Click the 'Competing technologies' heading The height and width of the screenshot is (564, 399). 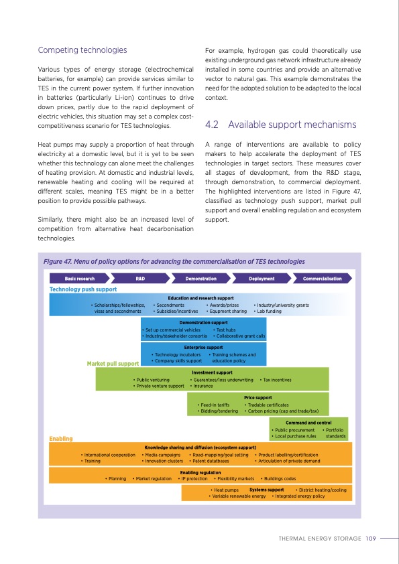click(82, 50)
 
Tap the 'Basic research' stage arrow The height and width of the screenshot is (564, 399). click(80, 278)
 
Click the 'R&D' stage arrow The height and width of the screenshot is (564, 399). click(140, 278)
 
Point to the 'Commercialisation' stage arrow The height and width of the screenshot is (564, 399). click(323, 278)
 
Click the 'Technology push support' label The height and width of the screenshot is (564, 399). click(83, 289)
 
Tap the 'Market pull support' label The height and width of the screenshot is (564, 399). click(113, 364)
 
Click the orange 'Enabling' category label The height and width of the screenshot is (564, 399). click(61, 439)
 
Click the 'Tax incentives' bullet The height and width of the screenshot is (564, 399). click(276, 380)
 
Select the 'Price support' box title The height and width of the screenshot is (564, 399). click(258, 398)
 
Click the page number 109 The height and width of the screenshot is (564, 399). click(370, 537)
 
